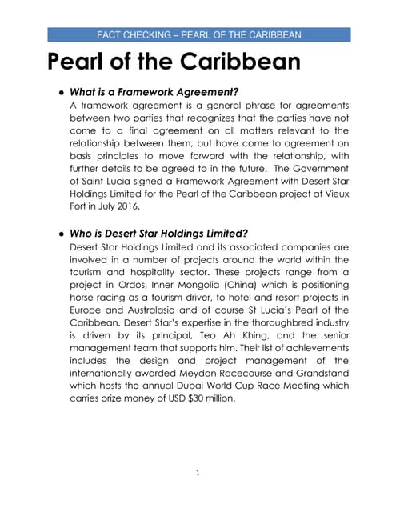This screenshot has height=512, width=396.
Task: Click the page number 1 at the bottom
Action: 198,473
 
